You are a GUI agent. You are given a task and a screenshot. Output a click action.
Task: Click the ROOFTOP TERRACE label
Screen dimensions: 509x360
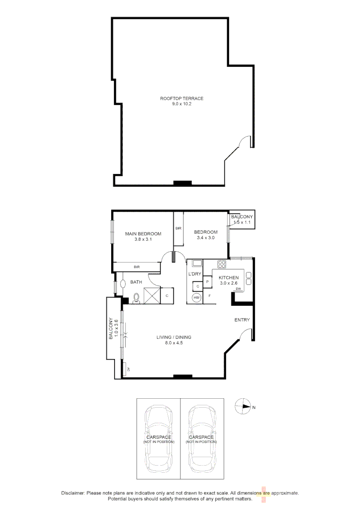181,99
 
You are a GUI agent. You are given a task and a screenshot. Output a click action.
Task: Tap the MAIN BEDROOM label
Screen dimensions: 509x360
143,233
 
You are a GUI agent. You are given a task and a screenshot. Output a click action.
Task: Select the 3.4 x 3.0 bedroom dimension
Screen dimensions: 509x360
205,238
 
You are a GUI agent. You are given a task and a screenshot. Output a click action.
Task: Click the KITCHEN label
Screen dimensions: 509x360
229,278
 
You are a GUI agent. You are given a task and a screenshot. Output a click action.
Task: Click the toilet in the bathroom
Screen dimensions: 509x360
137,297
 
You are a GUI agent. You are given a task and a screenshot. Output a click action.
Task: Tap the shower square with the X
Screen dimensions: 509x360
151,296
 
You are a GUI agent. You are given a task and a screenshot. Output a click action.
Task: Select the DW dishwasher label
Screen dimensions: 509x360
238,289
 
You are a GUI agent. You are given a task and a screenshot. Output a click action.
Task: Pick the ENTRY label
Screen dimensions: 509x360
242,320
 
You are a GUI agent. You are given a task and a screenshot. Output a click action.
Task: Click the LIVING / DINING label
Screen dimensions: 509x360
174,337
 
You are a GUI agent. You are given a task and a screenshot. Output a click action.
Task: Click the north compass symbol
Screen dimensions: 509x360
243,407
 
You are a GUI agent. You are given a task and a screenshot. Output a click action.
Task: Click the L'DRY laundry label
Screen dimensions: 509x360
195,274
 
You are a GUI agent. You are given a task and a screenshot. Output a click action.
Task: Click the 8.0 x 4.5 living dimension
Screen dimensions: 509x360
173,343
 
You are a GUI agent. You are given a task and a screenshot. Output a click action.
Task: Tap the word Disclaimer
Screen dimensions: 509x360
73,493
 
